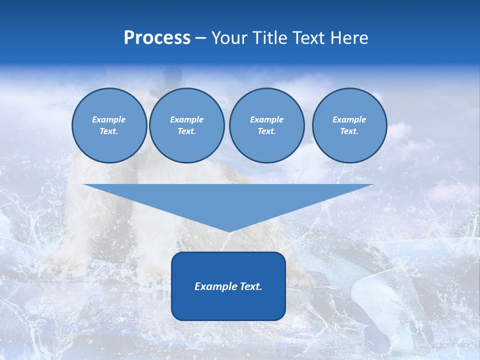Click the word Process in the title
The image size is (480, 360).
pos(157,38)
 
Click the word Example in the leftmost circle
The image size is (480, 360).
pos(109,119)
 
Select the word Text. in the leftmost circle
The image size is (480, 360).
pos(109,131)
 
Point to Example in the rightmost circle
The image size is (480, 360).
pos(349,119)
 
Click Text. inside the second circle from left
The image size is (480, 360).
pos(186,131)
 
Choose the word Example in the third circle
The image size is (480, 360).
pos(266,119)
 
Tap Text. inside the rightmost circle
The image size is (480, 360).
pos(349,131)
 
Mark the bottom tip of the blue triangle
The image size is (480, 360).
pos(228,231)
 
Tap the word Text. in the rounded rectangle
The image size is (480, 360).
pos(250,286)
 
